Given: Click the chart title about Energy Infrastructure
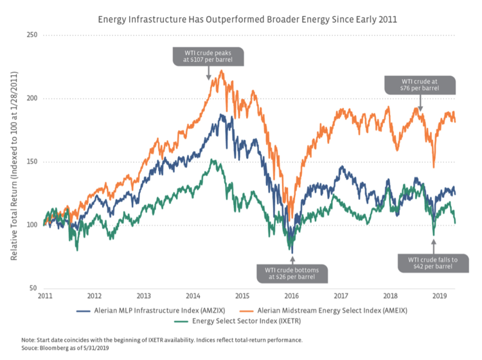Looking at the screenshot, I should (247, 19).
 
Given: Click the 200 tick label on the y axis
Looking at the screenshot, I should (30, 98).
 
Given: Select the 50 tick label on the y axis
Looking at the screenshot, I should (31, 288).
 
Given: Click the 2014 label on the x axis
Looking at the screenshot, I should (193, 296).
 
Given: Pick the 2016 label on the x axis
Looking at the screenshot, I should (292, 296).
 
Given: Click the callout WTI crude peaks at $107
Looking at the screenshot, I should (209, 56).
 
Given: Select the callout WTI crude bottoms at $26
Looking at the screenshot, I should (292, 273).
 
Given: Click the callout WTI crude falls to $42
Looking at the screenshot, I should (434, 262).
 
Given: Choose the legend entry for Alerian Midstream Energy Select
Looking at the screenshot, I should (334, 310).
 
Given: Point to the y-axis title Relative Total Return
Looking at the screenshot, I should (13, 161).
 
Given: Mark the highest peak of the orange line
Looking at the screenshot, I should (221, 71).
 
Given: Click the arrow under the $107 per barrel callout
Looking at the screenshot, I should (209, 74).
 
